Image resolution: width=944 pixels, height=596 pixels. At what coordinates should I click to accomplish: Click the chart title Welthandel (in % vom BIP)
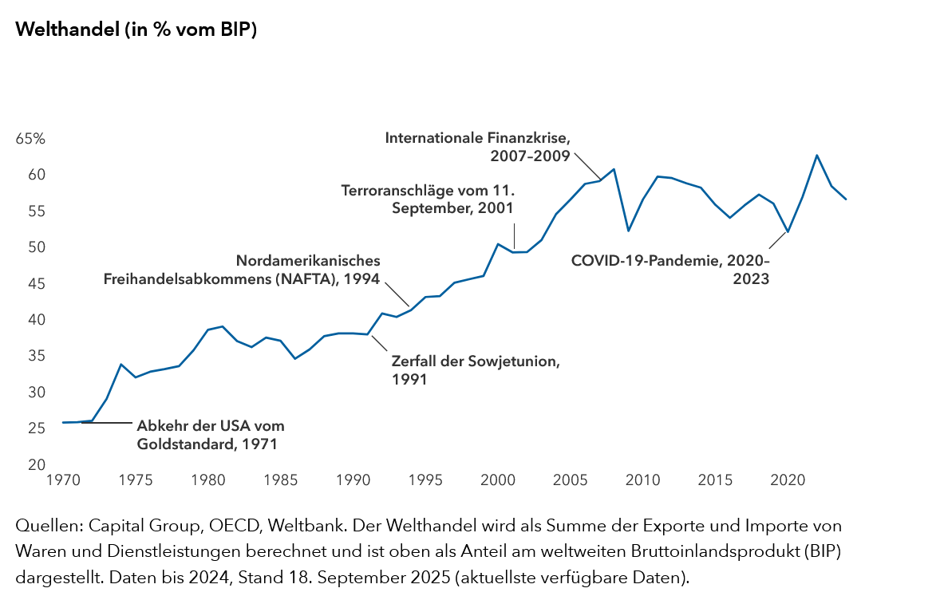tap(136, 30)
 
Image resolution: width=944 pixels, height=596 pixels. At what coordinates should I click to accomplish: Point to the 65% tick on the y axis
tap(30, 139)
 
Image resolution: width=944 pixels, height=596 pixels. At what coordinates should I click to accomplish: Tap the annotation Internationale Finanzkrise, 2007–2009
tap(477, 147)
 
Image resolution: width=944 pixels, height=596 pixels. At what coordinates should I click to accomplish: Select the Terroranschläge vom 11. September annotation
tap(428, 199)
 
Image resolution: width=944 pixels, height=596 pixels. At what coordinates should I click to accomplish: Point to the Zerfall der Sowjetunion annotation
tap(476, 369)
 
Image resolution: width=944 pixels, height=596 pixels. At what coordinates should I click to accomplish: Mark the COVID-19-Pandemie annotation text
tap(670, 270)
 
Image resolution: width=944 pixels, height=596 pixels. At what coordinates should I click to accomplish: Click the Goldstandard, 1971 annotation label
tap(211, 435)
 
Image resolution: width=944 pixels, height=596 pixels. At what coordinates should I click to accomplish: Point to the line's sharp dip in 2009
tap(629, 231)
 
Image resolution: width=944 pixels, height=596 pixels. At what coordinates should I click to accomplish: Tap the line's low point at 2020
tap(788, 231)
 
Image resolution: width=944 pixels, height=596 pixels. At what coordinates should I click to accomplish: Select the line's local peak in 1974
tap(121, 365)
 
